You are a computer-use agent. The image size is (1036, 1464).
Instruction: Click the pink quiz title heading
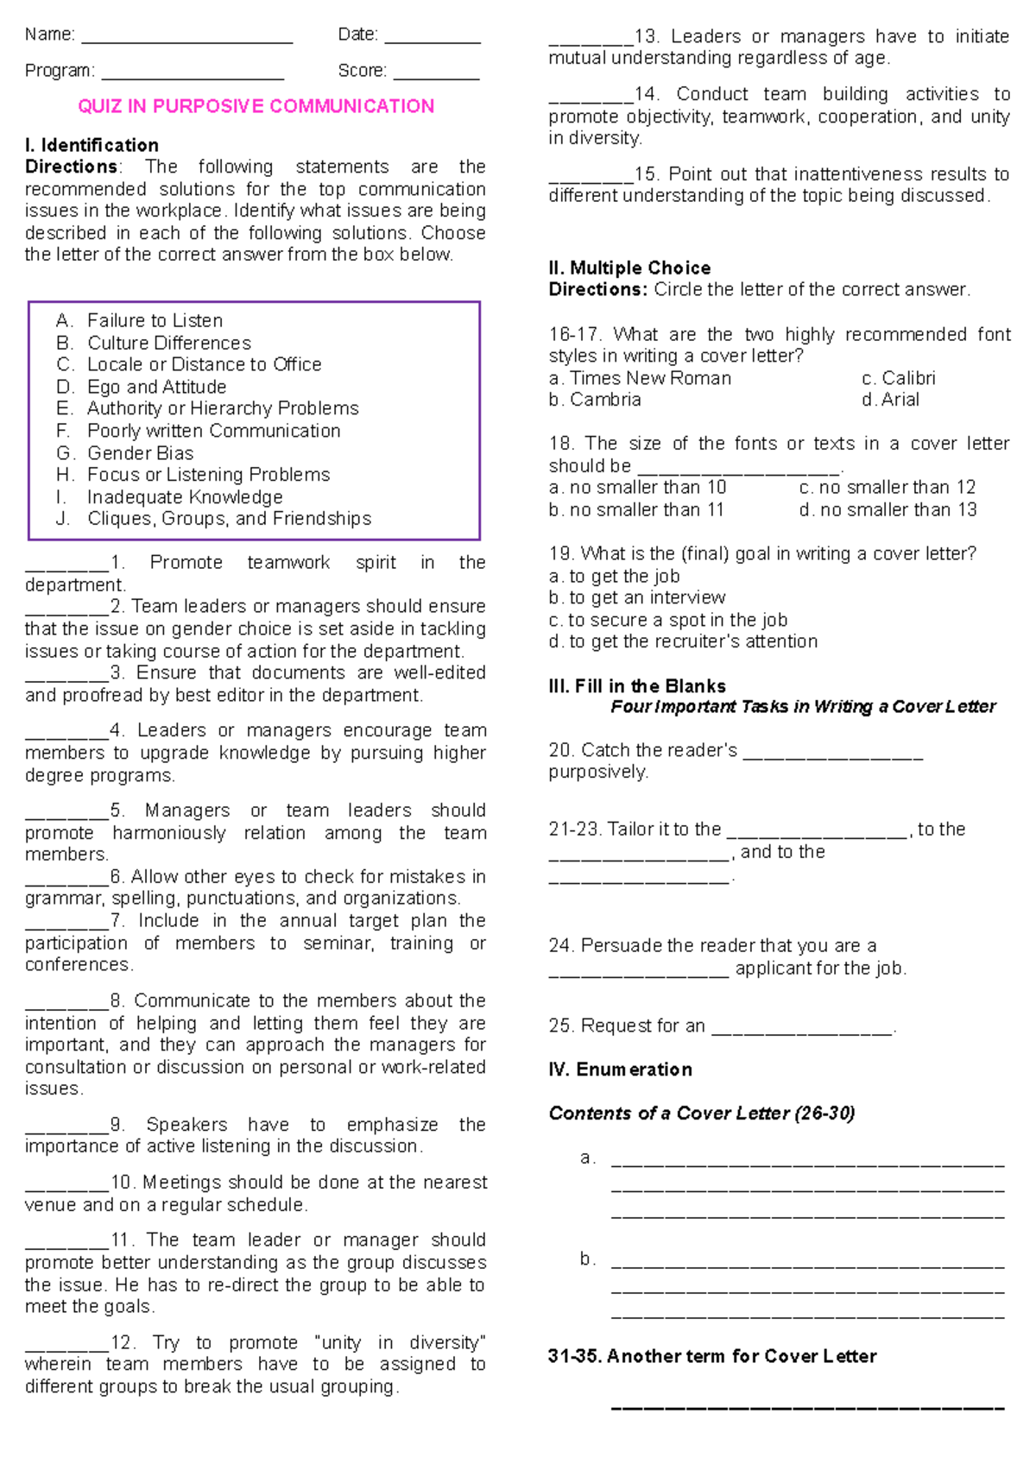[256, 106]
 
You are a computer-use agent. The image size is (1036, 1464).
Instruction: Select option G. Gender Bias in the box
[125, 453]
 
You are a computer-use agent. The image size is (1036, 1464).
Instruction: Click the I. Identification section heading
[92, 145]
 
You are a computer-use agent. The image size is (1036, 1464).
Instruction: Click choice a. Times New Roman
[640, 378]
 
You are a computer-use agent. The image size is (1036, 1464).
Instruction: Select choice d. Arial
[890, 400]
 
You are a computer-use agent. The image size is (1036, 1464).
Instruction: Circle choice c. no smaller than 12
[887, 488]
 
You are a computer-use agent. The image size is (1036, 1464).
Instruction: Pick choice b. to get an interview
[637, 597]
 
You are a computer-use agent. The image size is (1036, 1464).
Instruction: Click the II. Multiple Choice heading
[629, 268]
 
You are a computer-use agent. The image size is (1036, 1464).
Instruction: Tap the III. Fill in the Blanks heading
[637, 686]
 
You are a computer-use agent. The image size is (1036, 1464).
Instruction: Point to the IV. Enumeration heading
[620, 1070]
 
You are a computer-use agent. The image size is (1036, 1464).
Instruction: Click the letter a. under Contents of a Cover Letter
[588, 1158]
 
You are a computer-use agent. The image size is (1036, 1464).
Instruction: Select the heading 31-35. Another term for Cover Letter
[711, 1356]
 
